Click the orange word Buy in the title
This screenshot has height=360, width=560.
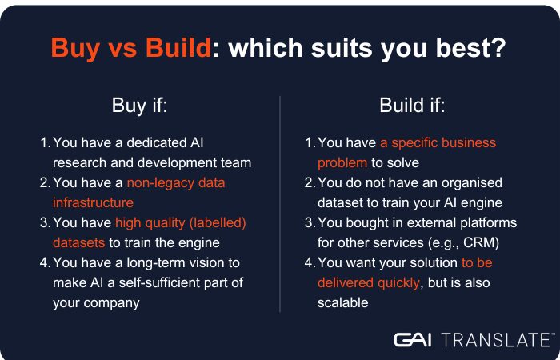click(x=75, y=47)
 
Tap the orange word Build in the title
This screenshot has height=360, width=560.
click(x=178, y=46)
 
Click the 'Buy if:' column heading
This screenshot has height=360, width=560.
click(x=140, y=105)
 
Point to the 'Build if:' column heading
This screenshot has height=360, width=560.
click(x=412, y=105)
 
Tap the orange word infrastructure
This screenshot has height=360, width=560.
click(x=93, y=203)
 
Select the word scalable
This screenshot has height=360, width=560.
click(x=343, y=303)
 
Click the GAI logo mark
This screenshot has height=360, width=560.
click(x=413, y=340)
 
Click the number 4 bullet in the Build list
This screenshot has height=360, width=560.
click(x=309, y=263)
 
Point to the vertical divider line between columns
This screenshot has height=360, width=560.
click(x=280, y=204)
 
